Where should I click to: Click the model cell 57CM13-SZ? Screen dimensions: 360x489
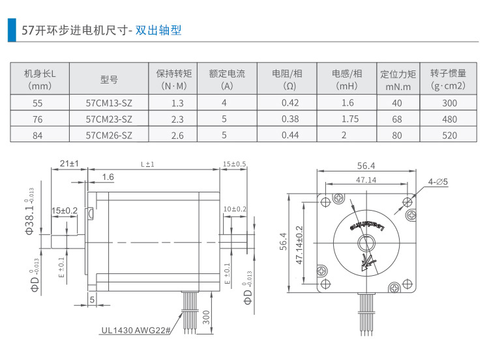pos(109,103)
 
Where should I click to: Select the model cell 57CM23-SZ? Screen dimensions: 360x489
pos(109,119)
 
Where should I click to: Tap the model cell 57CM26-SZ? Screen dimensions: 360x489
pos(109,136)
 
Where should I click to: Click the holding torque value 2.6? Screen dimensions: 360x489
pos(177,136)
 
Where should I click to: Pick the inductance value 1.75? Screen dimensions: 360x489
pos(349,119)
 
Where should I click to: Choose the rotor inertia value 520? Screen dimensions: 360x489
pos(449,136)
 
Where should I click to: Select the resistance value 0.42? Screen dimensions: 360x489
pos(289,103)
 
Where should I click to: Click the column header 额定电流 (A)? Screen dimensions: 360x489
pos(227,80)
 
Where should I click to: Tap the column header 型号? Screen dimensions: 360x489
pos(109,80)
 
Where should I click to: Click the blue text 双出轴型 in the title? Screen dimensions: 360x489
pos(158,30)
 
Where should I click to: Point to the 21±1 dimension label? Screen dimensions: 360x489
pos(69,163)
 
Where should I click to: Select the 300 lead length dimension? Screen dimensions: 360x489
pos(206,318)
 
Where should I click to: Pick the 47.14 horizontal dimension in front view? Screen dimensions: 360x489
pos(365,179)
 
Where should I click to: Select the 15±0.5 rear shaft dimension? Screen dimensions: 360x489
pos(234,163)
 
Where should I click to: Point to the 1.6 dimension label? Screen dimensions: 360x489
pos(108,177)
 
